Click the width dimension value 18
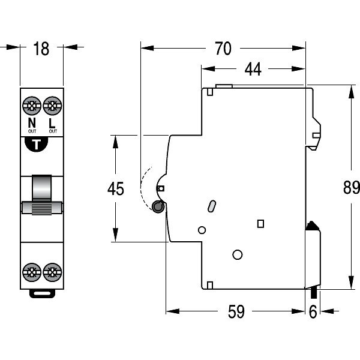(x=41, y=49)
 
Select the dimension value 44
(x=253, y=70)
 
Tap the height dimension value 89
(x=351, y=188)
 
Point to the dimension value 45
(x=115, y=189)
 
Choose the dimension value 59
(x=237, y=312)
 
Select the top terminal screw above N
(x=32, y=107)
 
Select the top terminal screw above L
(x=53, y=107)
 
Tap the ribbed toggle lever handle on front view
(x=42, y=208)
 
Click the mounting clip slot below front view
(x=42, y=293)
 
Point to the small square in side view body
(x=260, y=224)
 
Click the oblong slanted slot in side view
(x=211, y=206)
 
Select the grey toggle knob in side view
(x=158, y=207)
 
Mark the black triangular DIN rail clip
(x=311, y=226)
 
